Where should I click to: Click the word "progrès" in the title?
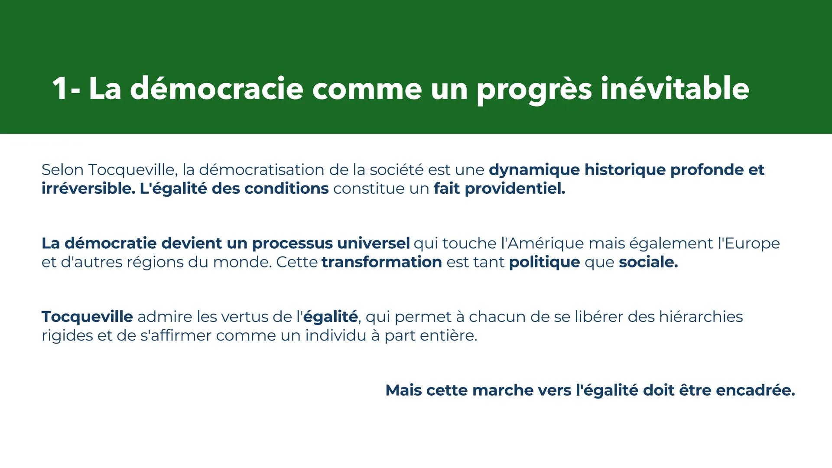[x=534, y=89]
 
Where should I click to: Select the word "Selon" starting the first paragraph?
[x=62, y=169]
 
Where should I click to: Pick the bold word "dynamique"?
[x=534, y=169]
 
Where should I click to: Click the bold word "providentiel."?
[x=515, y=188]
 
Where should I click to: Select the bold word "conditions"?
[x=286, y=188]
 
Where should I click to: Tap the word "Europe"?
[x=752, y=243]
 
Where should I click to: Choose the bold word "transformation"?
[x=381, y=262]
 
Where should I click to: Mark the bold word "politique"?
[x=544, y=262]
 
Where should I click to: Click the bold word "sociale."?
[x=648, y=262]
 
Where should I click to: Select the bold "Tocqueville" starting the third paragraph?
[x=87, y=317]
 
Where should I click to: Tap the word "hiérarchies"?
[x=701, y=317]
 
